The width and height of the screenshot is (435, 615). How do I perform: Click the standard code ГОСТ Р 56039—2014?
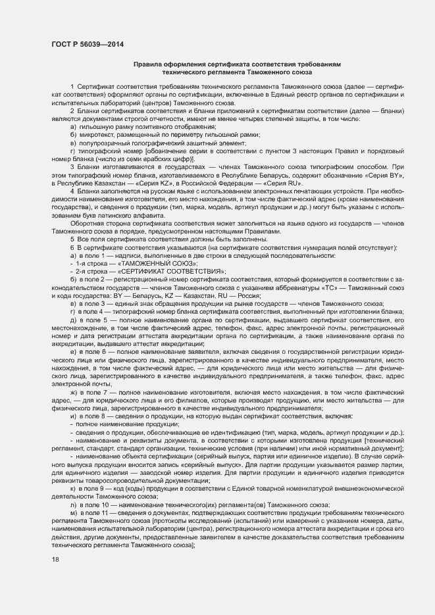coord(87,44)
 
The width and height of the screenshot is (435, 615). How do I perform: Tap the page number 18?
coord(55,559)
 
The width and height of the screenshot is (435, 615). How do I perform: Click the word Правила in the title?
coord(151,65)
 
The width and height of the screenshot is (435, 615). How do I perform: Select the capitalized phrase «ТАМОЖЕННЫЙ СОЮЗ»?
coord(149,263)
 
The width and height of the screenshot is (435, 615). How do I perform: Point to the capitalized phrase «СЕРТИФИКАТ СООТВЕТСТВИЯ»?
coord(172,271)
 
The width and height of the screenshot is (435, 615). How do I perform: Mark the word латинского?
coord(115,215)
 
